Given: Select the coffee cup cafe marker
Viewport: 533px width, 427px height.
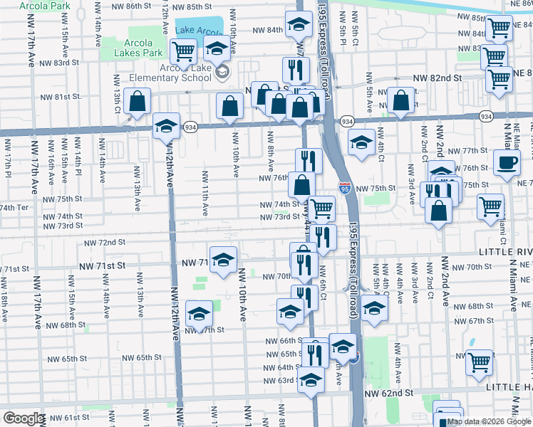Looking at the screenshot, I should click(x=507, y=164).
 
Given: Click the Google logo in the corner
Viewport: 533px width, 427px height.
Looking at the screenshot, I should click(x=24, y=418).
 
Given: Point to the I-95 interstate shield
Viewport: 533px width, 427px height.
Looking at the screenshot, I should click(x=344, y=188).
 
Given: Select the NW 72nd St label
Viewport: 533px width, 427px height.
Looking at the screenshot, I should click(x=105, y=243).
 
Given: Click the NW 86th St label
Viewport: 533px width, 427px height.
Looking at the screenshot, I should click(x=133, y=5).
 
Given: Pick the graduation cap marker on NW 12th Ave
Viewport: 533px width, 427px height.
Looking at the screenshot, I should click(x=166, y=127).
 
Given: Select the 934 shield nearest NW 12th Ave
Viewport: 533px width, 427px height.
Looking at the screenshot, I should click(x=191, y=125).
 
